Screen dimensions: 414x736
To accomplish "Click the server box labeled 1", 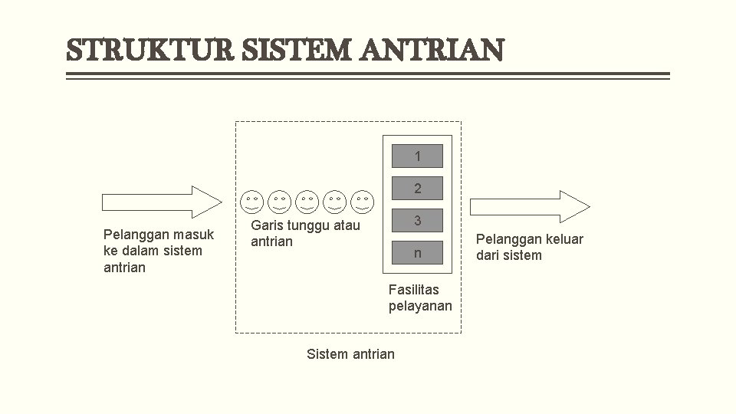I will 417,156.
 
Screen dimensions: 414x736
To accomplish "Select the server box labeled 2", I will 417,189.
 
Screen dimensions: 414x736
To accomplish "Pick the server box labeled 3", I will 417,221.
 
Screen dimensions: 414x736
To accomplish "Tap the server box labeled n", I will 417,253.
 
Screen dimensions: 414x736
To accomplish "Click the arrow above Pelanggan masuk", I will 161,202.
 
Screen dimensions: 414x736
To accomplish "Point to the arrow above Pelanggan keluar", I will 529,206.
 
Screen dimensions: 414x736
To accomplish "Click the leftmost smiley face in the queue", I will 252,202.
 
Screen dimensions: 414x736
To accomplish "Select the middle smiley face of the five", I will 307,202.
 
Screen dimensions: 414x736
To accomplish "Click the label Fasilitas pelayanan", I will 419,298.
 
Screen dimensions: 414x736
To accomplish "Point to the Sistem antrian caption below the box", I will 350,353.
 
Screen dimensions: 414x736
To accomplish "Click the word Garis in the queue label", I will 267,225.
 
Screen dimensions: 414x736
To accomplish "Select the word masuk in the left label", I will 194,235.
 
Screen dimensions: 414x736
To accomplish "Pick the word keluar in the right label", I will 563,239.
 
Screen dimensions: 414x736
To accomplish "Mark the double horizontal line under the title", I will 368,76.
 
